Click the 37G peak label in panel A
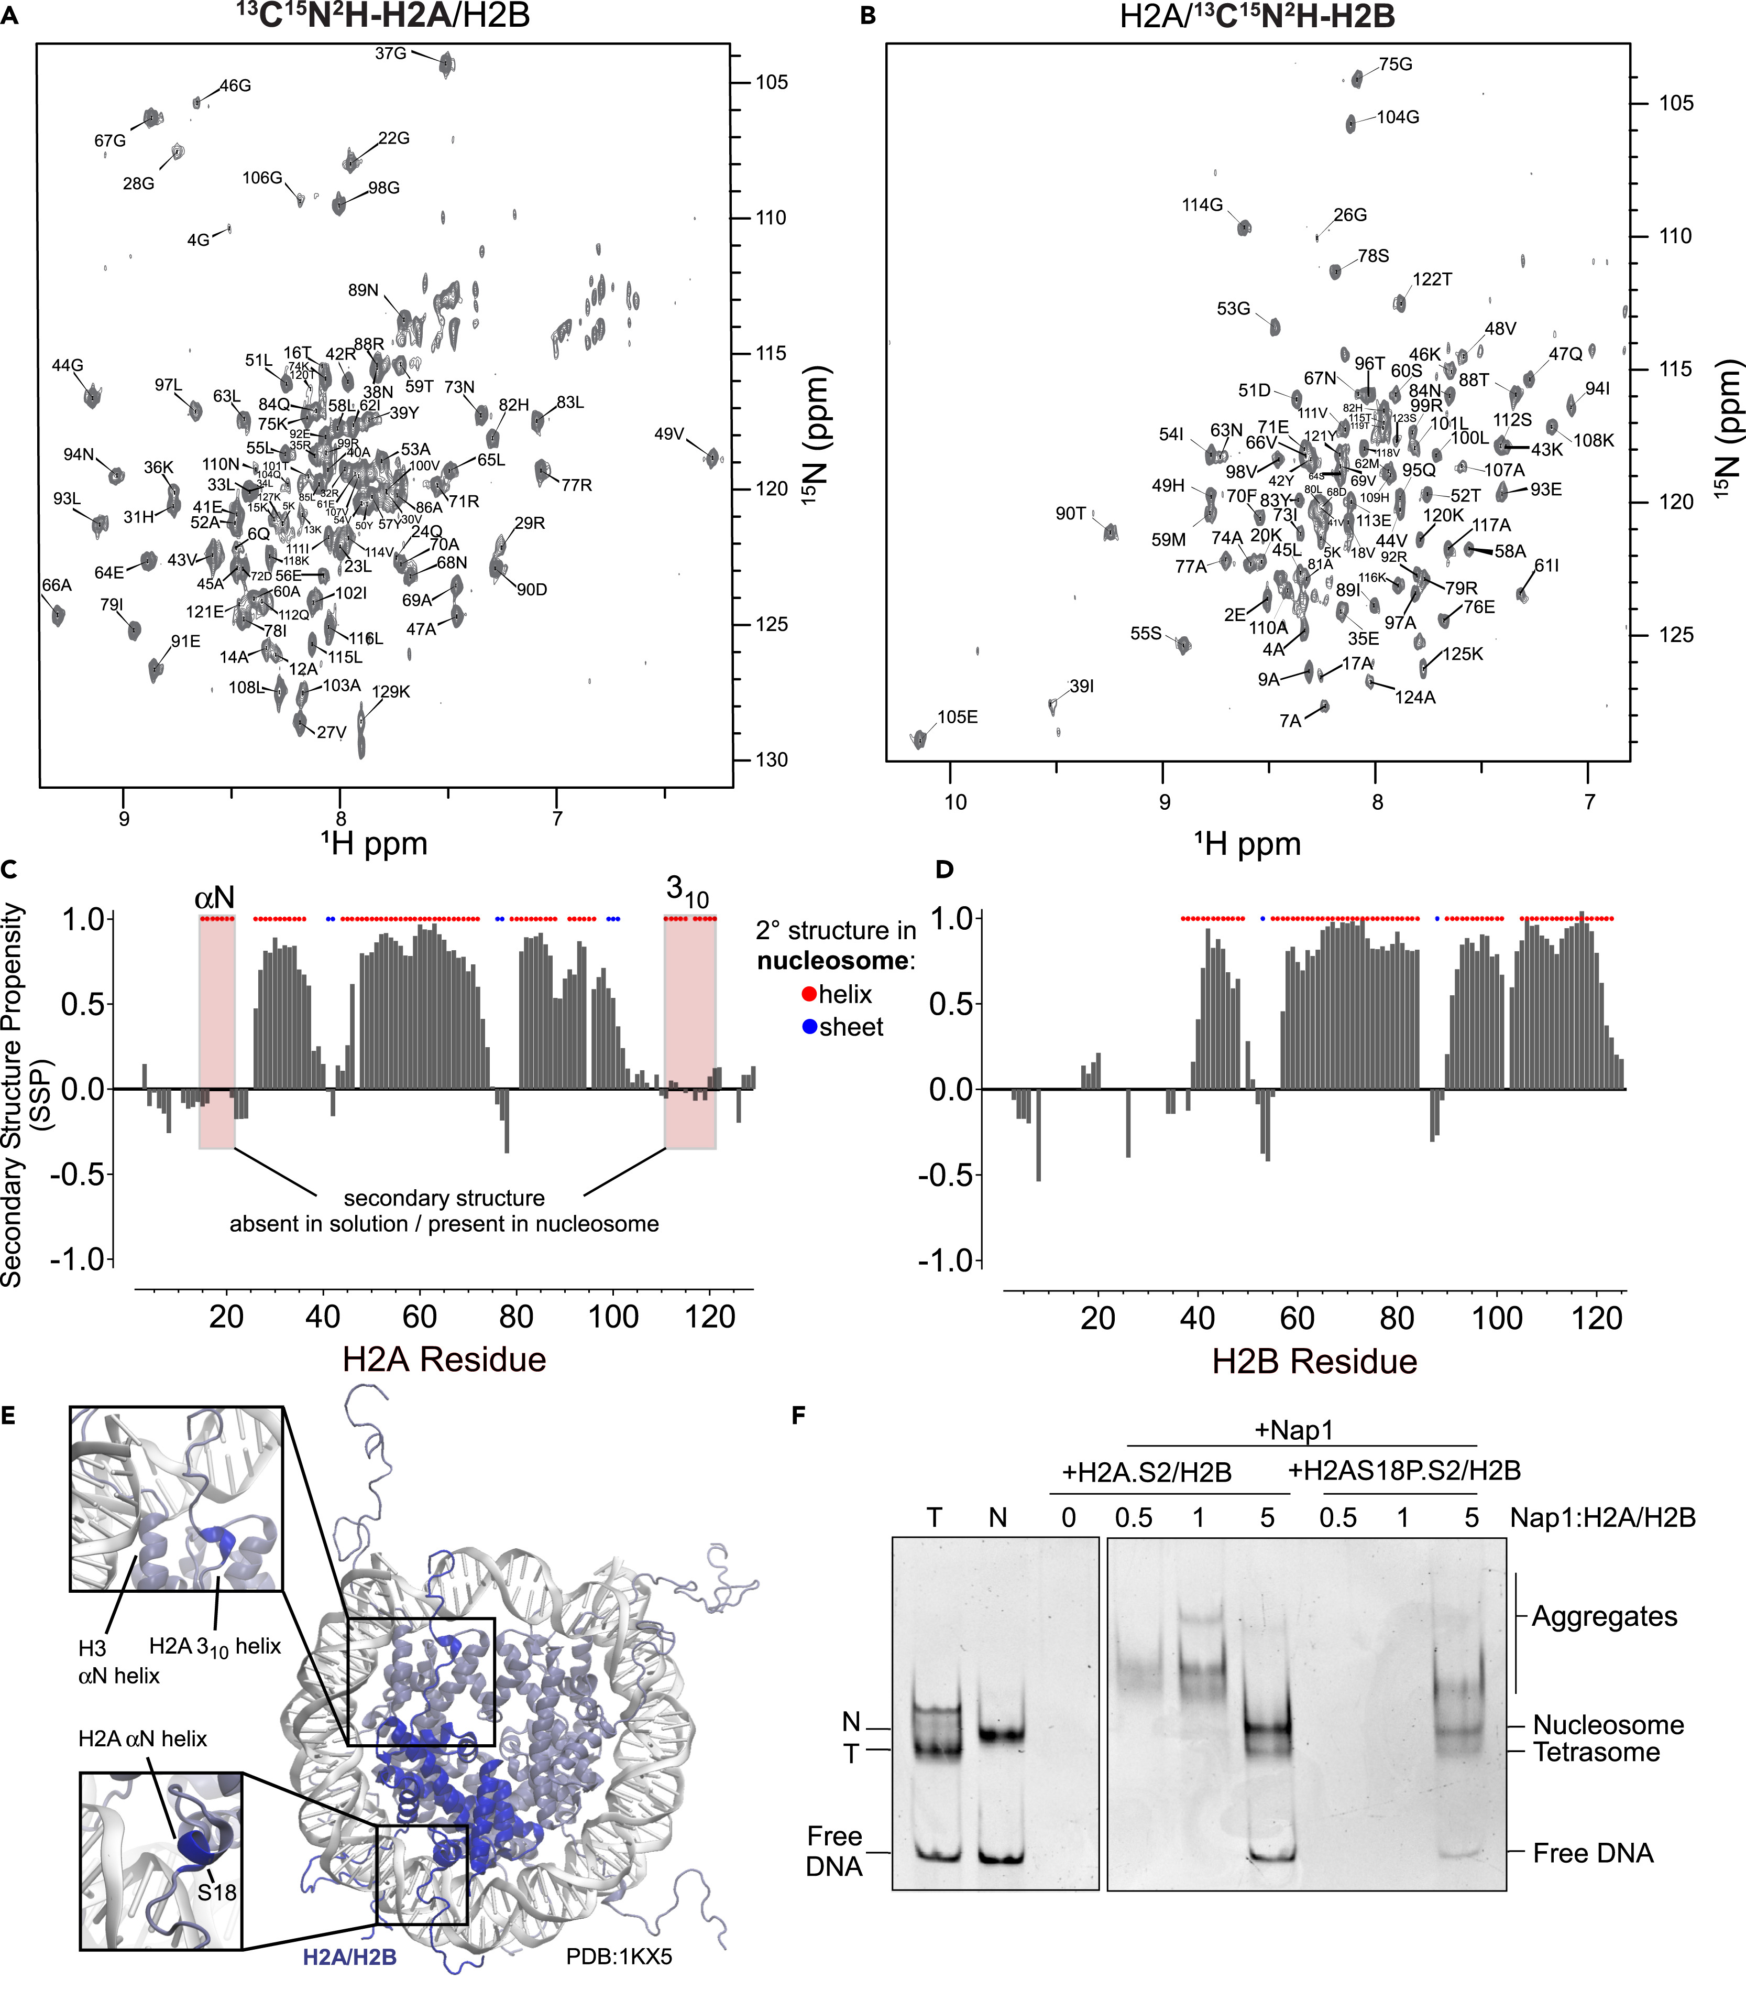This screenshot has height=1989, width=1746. click(390, 53)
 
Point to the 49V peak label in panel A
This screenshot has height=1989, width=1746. click(669, 434)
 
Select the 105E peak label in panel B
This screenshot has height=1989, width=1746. click(957, 717)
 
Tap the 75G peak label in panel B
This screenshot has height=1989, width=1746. click(1395, 64)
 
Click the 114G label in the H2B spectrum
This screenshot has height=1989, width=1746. click(1202, 205)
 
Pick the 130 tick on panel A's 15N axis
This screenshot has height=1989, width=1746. click(771, 760)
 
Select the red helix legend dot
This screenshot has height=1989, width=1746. click(809, 995)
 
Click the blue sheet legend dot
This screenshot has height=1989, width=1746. click(809, 1027)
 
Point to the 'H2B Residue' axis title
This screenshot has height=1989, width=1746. click(1314, 1361)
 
